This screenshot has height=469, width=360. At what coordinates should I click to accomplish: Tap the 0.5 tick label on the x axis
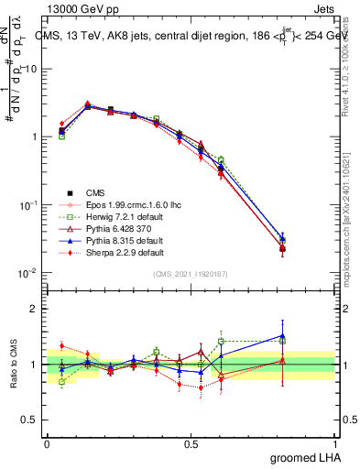(191, 442)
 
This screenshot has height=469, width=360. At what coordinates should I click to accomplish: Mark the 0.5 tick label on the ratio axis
(30, 420)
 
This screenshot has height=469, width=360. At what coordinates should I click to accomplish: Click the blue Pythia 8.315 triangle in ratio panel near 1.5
(282, 336)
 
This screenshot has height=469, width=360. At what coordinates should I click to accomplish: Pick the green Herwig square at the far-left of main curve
(61, 136)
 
